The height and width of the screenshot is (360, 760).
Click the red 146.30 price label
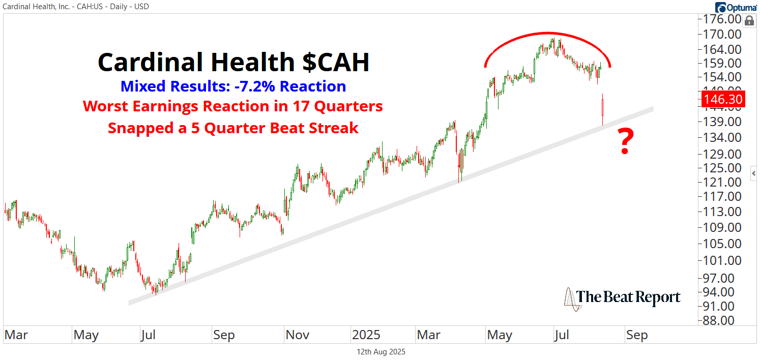(723, 99)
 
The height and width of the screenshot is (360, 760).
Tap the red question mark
(625, 142)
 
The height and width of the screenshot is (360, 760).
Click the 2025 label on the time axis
(366, 335)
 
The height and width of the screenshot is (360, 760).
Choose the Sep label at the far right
(637, 335)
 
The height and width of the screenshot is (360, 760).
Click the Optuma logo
(736, 7)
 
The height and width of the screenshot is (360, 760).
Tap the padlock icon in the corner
(749, 21)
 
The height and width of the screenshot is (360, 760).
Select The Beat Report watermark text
(628, 297)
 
